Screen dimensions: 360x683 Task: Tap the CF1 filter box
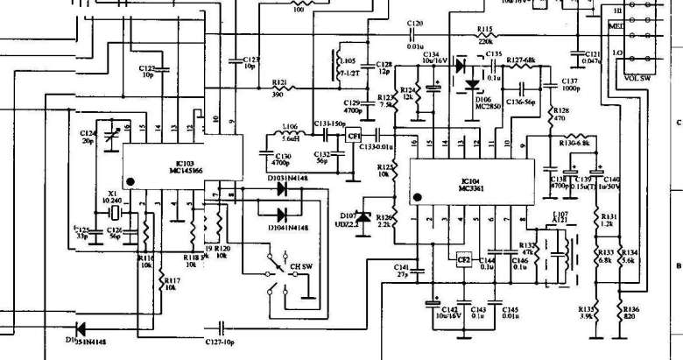tap(354, 137)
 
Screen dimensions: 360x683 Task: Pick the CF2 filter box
tap(463, 259)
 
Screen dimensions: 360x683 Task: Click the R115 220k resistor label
tap(485, 35)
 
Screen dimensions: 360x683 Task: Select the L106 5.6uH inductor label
tap(291, 132)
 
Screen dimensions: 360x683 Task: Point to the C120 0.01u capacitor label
tap(414, 28)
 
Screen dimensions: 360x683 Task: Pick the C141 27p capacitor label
tap(403, 270)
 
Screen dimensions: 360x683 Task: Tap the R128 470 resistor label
tap(560, 115)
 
